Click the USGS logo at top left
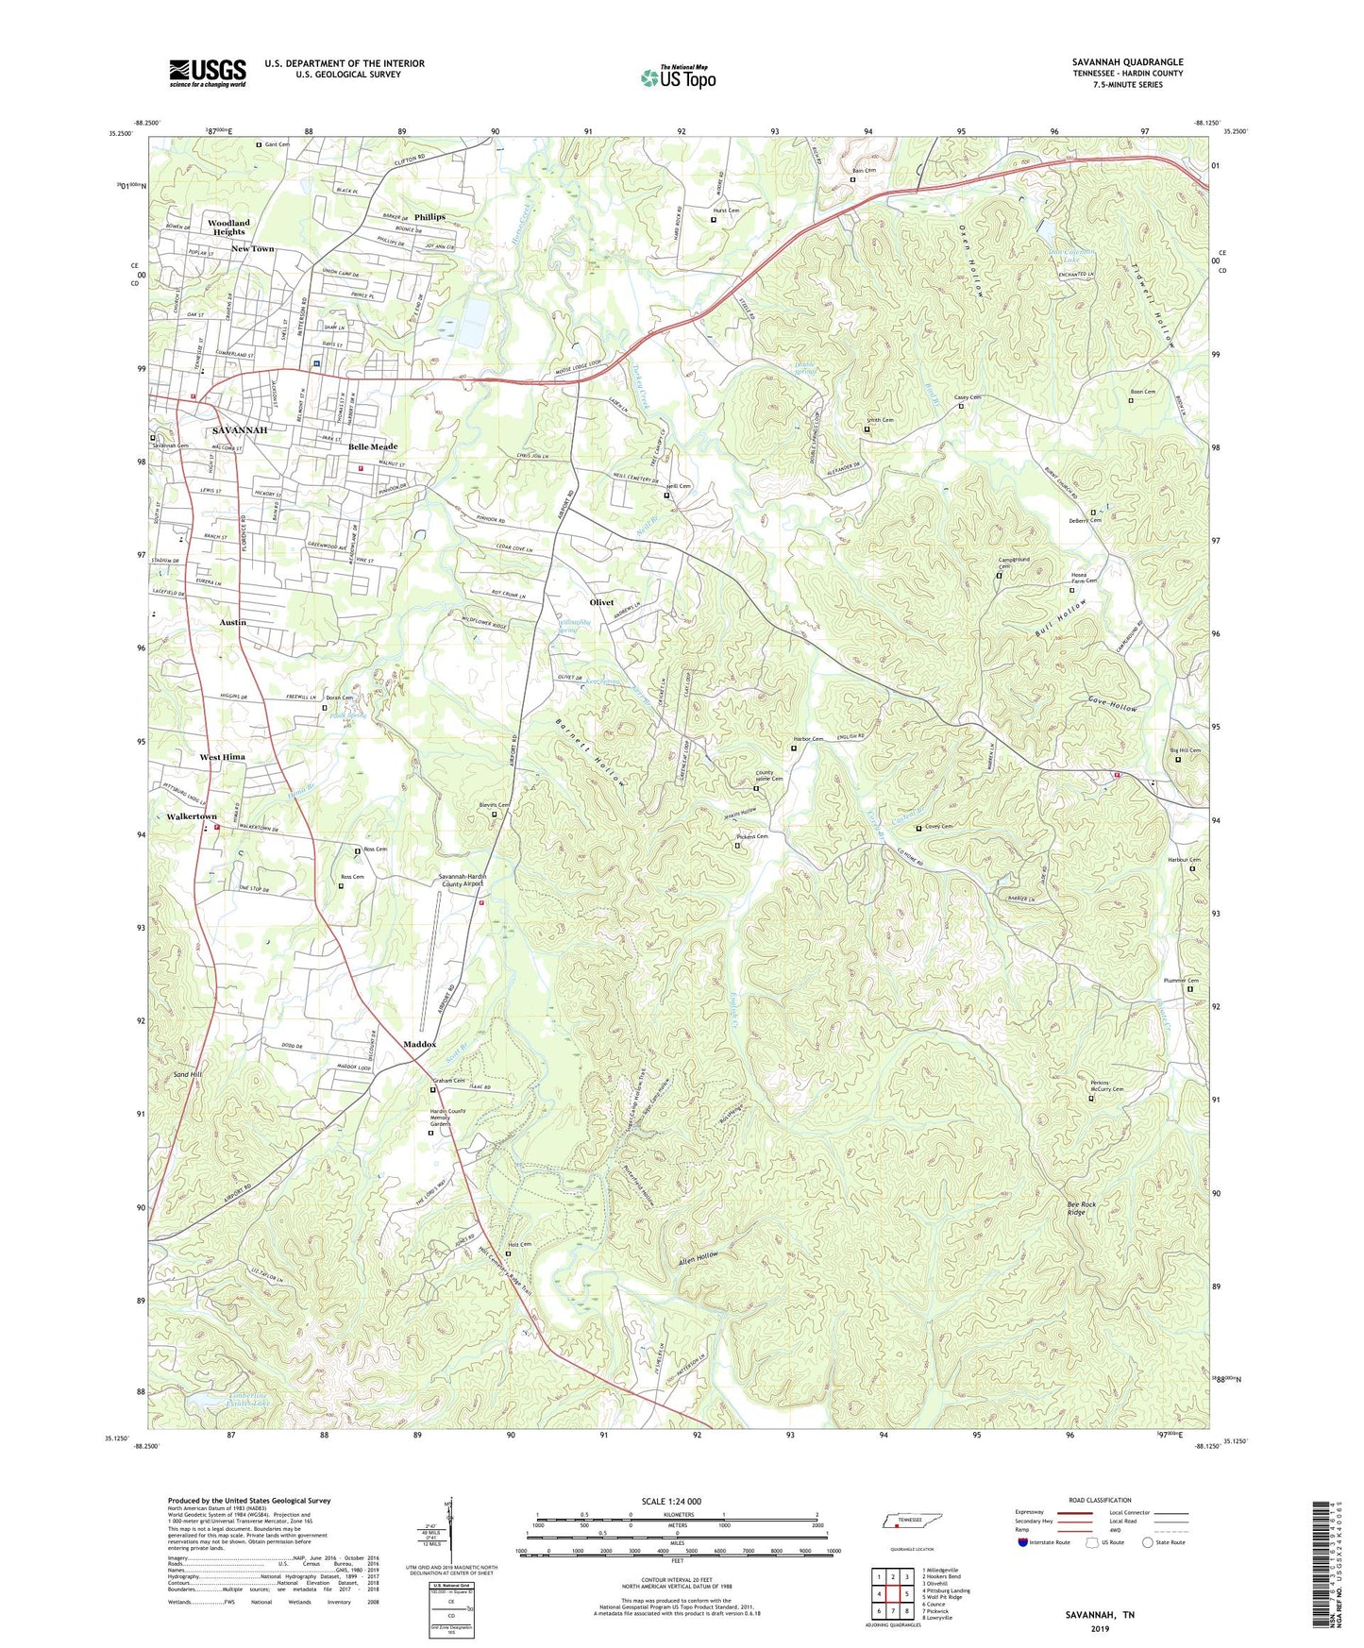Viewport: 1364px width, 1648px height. pyautogui.click(x=208, y=73)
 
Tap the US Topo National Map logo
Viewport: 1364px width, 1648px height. pyautogui.click(x=678, y=77)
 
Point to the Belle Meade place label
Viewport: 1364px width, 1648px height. pyautogui.click(x=373, y=446)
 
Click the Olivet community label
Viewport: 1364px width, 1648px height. pyautogui.click(x=601, y=602)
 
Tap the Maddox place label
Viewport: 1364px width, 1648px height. pyautogui.click(x=420, y=1044)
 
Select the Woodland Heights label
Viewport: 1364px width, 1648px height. pyautogui.click(x=228, y=227)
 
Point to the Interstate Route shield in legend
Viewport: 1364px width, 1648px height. pyautogui.click(x=1024, y=1542)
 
